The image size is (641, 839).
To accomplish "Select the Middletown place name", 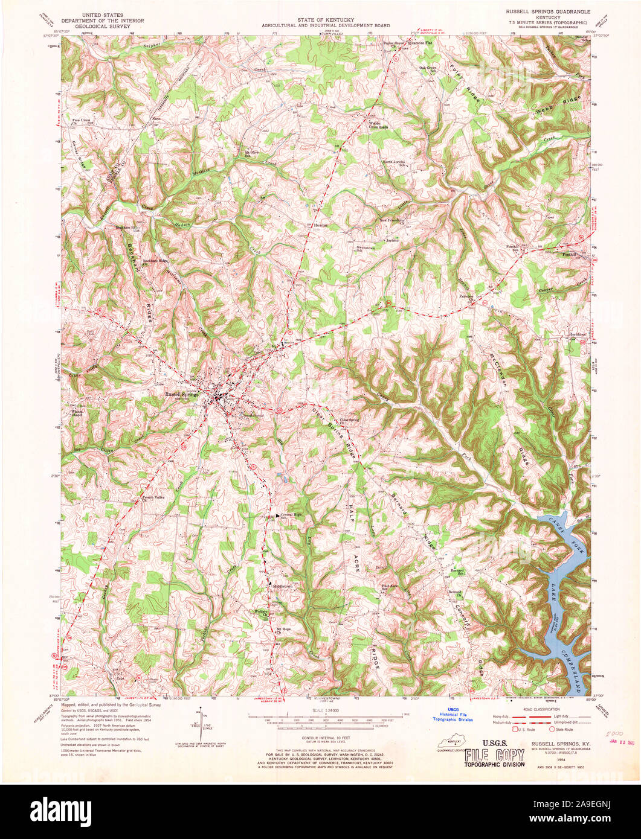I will (282, 586).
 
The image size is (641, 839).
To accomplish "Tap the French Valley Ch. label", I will (152, 499).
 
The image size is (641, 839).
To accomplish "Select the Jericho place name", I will (393, 240).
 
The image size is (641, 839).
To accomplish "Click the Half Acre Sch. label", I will (390, 586).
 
